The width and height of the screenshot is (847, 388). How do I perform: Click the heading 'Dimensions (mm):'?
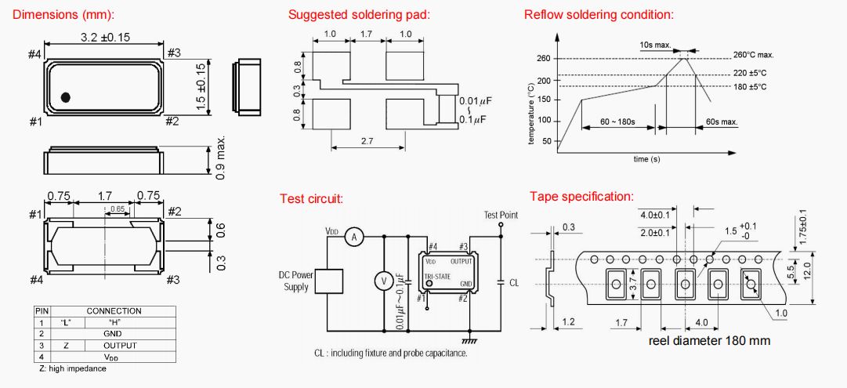click(63, 15)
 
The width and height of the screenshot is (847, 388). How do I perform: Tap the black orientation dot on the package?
click(66, 97)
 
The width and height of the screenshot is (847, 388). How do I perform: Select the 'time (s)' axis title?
click(646, 159)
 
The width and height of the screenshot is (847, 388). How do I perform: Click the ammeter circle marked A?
click(353, 236)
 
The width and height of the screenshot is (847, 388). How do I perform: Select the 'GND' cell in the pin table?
click(114, 333)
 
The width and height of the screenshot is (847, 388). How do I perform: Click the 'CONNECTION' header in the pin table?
click(114, 311)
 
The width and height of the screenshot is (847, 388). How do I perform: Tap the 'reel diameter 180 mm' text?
click(709, 340)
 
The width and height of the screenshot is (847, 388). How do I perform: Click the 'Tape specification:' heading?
click(581, 196)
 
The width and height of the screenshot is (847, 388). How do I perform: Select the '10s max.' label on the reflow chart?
click(655, 45)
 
